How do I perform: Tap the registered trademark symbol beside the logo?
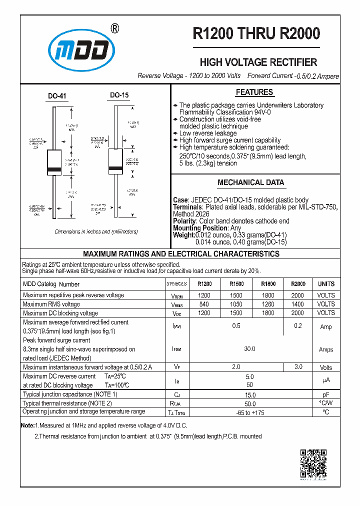[114, 29]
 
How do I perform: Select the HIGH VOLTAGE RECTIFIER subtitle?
[258, 62]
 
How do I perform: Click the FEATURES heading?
[254, 92]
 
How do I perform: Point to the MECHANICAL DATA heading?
[250, 182]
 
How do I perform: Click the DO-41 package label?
[57, 95]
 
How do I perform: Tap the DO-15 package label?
[119, 95]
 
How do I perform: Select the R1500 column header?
[236, 284]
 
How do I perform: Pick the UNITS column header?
[326, 284]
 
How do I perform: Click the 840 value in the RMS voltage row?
[204, 304]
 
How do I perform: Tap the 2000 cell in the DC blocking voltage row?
[297, 313]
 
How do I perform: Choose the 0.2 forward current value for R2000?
[298, 326]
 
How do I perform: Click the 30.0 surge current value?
[249, 349]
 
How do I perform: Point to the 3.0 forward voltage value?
[298, 367]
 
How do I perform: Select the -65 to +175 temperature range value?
[249, 412]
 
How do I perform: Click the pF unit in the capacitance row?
[326, 394]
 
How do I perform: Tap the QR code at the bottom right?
[313, 463]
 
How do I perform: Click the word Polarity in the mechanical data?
[184, 221]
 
